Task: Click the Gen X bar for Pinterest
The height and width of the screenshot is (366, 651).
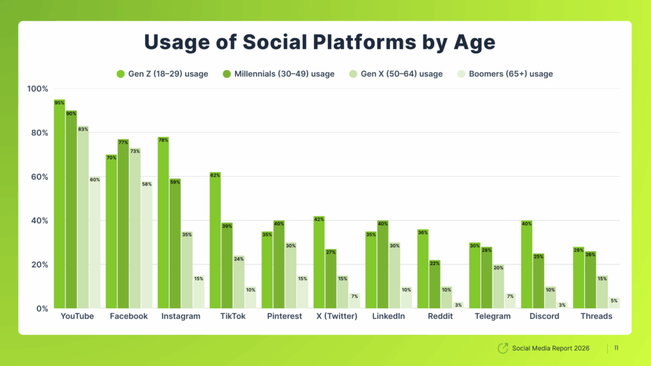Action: click(x=290, y=277)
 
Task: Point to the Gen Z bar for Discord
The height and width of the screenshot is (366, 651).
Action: click(x=526, y=267)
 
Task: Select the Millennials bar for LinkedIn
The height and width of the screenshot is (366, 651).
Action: click(x=382, y=267)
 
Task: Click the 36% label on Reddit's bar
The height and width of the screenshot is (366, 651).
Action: click(x=423, y=232)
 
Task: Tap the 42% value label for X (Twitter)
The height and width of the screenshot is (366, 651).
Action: click(x=319, y=219)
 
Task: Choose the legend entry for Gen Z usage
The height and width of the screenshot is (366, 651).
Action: click(x=162, y=74)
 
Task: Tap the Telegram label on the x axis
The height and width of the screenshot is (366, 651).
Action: click(x=493, y=316)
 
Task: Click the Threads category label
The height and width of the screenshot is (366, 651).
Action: click(x=596, y=316)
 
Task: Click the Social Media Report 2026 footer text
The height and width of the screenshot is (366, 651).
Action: click(x=551, y=348)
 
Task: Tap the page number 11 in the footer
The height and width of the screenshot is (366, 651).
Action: click(x=617, y=348)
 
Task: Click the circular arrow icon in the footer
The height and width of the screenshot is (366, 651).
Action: click(x=502, y=348)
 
